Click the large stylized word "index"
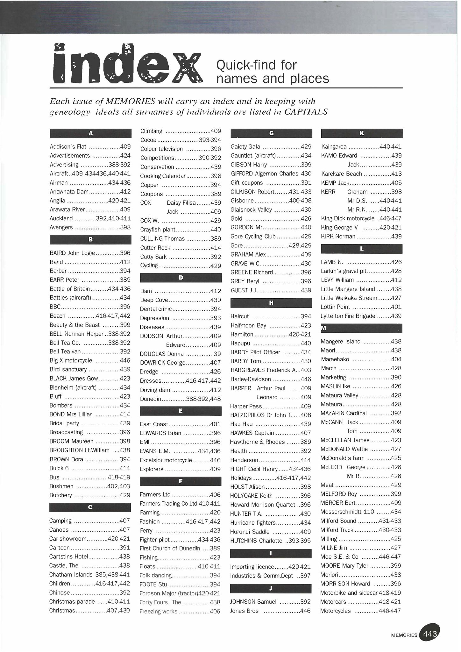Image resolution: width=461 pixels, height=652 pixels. pos(127,64)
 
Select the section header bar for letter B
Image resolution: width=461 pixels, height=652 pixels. pos(90,239)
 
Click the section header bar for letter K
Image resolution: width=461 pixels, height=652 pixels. pos(362,133)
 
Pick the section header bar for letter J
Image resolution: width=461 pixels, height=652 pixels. pos(271,589)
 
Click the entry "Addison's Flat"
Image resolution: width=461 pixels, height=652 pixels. pos(68,147)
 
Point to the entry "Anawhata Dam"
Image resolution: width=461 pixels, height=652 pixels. pos(69,192)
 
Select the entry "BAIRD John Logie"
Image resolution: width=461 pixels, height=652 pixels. pos(72,253)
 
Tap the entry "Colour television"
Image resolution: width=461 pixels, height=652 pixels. pos(162,149)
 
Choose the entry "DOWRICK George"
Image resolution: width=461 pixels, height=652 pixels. pos(162,363)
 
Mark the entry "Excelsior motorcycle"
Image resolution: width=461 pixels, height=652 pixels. pos(166,460)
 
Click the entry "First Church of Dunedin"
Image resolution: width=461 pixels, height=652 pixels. pos(170,548)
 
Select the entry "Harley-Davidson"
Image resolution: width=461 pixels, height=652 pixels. pos(251,379)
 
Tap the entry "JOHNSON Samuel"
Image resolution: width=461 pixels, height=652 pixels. pos(253,602)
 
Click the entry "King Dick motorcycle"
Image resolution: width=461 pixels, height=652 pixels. pos(348,218)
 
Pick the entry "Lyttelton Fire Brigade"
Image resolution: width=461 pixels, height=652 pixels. pos(348,316)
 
